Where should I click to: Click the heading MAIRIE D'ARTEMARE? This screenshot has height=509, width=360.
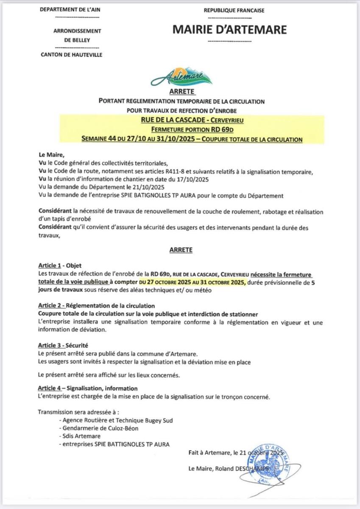coord(230,29)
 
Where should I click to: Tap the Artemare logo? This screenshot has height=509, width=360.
coord(181,76)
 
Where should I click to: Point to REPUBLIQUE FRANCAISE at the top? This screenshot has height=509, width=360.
coord(234,10)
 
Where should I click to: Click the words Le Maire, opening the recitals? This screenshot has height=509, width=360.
coord(50,155)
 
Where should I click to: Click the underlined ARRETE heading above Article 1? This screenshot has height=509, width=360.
coord(181,250)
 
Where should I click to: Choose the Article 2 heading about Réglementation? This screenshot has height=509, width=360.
coord(96,305)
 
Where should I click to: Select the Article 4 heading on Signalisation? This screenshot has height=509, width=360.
coord(88,388)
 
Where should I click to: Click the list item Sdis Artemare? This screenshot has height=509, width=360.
coord(81,436)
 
